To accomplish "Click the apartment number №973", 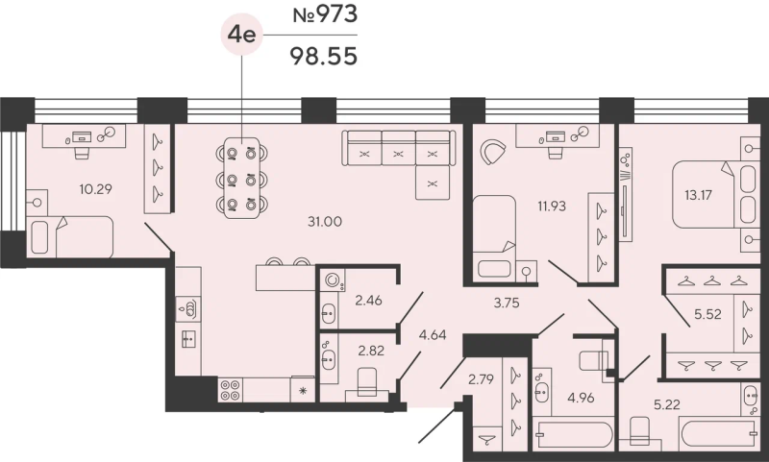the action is [325, 14].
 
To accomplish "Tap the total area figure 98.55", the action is [324, 57].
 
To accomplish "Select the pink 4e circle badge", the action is [242, 35].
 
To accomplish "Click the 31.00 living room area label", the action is [325, 222].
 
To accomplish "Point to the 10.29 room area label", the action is [95, 188].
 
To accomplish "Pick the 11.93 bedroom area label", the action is [552, 207].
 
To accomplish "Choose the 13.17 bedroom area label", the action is [698, 195].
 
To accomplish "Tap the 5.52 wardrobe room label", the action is [707, 314].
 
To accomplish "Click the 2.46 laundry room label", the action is [368, 300].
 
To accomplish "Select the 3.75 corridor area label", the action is [507, 304].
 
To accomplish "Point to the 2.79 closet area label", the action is [481, 379].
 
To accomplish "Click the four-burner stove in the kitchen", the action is [230, 390].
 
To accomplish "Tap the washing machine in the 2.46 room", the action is [333, 280].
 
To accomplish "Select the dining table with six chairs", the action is [241, 179].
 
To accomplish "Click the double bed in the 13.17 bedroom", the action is [709, 196].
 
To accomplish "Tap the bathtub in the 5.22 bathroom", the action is [720, 432].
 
